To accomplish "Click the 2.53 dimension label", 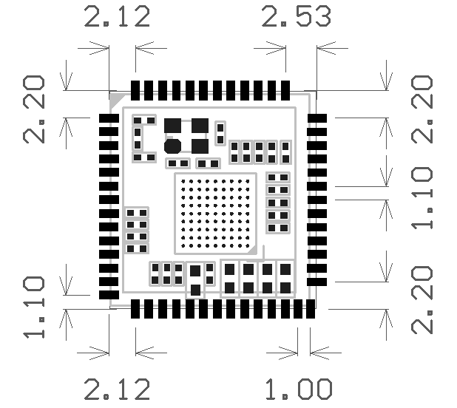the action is coord(296,16).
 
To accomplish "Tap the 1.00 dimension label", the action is coord(299,389).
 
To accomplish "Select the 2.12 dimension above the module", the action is coord(117,16).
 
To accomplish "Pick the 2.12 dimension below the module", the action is coord(117,389).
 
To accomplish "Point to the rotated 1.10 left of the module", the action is coord(34,307).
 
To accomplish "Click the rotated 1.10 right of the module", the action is coord(422,198).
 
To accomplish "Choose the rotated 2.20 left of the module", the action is coord(34,109).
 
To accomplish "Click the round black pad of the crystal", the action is coord(172,146).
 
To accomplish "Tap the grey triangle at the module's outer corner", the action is coord(115,98).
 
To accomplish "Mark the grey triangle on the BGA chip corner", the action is coord(253,250).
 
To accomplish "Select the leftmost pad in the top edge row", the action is coord(135,91).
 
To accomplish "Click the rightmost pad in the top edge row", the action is coord(285,91).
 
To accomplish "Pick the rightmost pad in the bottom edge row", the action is coord(311,309).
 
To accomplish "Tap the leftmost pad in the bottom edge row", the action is coord(135,309).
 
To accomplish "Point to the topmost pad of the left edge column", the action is coord(109,118).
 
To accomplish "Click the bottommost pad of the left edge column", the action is coord(109,295).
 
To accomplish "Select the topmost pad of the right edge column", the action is coord(317,118).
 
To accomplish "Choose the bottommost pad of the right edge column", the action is coord(317,282).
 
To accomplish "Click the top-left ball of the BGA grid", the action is coord(183,181).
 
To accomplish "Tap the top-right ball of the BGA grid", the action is coord(248,181).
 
